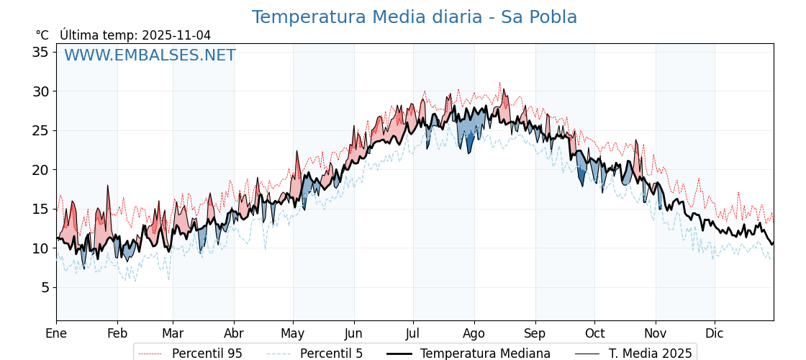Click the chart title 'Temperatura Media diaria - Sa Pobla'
pos(414,17)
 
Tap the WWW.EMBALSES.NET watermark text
pos(150,55)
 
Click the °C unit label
pos(42,35)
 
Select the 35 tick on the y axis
pos(40,52)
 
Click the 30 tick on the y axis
pos(40,91)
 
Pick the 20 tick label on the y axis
pos(40,170)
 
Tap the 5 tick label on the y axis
pos(45,287)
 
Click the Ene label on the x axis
pos(56,334)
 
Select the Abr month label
pos(234,334)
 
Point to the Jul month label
pos(413,334)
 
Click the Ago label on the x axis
pos(474,334)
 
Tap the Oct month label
pos(594,334)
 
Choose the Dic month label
pos(715,334)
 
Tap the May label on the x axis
pos(293,334)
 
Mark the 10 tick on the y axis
pos(40,248)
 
